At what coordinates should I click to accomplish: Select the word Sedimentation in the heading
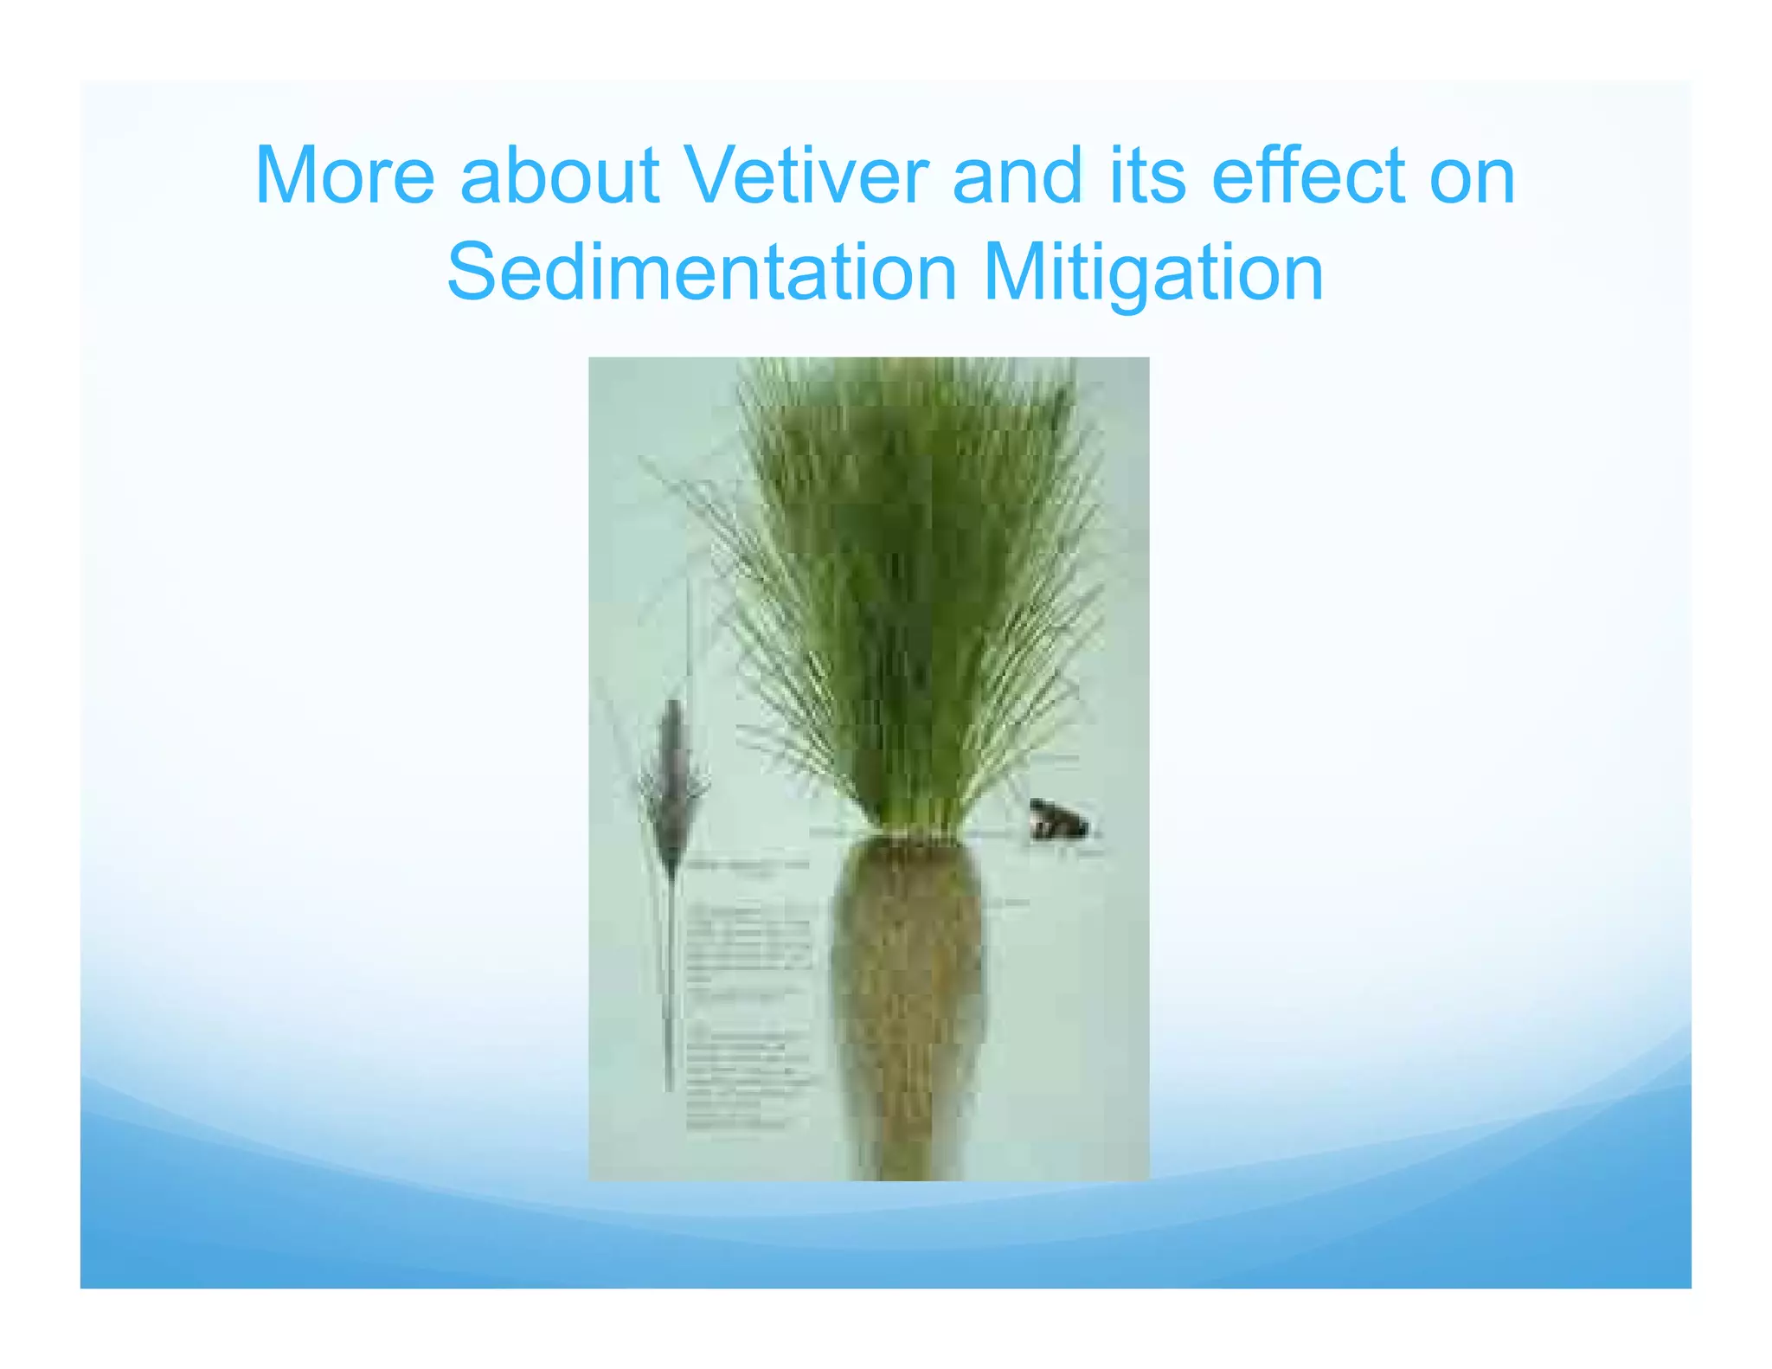[x=702, y=273]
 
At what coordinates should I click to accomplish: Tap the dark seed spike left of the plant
[x=673, y=779]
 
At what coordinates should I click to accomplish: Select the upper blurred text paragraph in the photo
[x=749, y=943]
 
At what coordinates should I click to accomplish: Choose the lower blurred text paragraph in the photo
[x=749, y=1077]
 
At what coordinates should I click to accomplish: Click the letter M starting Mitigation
[x=1010, y=273]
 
